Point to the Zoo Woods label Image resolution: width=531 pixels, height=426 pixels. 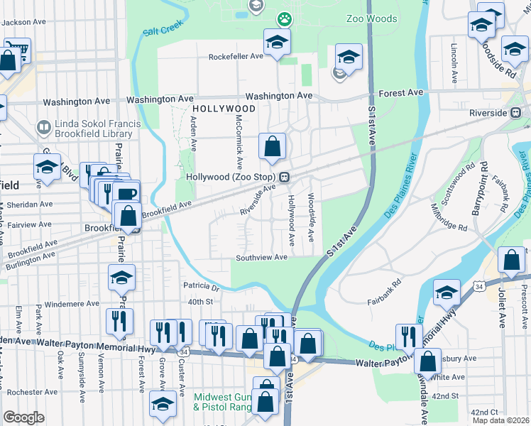click(371, 19)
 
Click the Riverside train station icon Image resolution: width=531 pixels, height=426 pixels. click(518, 113)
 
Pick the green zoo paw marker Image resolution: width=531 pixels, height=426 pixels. click(285, 18)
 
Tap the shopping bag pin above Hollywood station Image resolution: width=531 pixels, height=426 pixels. click(272, 148)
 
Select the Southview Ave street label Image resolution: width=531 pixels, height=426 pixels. click(262, 258)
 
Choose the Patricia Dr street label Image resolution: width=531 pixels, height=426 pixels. click(202, 288)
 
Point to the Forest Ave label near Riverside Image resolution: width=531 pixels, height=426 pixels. click(401, 93)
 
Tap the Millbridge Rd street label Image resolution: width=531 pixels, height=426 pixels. click(448, 219)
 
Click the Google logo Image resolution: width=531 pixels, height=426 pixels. click(23, 417)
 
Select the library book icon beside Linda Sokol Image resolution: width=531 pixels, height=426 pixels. click(43, 128)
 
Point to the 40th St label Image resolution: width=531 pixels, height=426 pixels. click(201, 302)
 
